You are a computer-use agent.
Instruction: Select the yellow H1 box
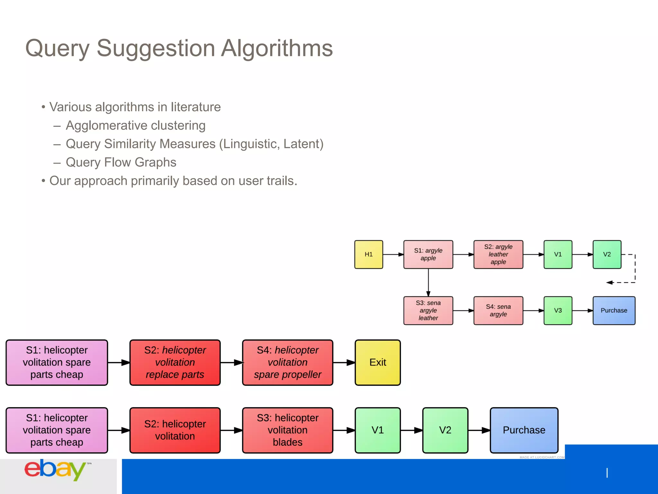[x=369, y=254]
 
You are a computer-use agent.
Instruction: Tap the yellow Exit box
[x=378, y=362]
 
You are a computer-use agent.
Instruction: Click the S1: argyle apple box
[x=428, y=254]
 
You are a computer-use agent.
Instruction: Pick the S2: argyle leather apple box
[x=498, y=254]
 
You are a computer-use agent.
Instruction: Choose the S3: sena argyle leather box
[x=428, y=310]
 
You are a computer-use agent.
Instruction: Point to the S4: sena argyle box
[x=498, y=310]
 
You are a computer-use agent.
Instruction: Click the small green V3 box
[x=558, y=310]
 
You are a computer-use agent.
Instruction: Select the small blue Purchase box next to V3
[x=614, y=310]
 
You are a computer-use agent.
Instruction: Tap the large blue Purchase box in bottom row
[x=524, y=430]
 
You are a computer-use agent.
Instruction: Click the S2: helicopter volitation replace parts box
[x=175, y=362]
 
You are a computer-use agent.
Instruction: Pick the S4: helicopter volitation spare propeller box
[x=288, y=362]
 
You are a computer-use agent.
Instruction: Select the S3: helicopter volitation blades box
[x=288, y=430]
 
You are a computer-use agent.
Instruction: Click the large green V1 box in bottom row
[x=378, y=430]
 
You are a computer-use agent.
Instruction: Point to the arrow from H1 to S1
[x=393, y=254]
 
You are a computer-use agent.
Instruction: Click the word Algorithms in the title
[x=277, y=48]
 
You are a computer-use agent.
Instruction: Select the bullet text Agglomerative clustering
[x=135, y=125]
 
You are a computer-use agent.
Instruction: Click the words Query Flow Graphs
[x=121, y=162]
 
